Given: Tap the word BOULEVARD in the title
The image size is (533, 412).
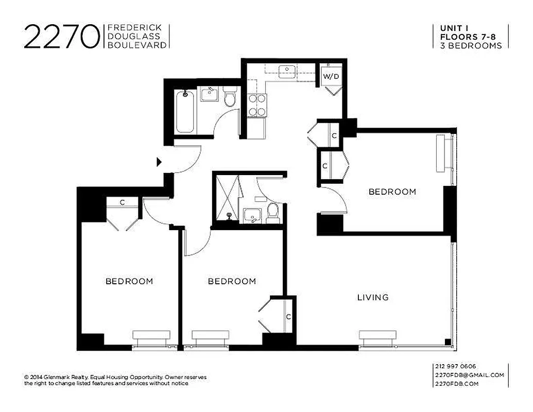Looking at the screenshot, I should point(136,45).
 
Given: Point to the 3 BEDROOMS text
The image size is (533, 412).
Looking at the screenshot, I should point(471,45).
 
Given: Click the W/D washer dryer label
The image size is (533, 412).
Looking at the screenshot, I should point(331,77).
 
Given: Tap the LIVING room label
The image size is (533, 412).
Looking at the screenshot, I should point(373,297).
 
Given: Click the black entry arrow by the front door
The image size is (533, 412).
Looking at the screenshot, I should point(159,162).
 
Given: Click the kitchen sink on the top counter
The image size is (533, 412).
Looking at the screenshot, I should point(286,72).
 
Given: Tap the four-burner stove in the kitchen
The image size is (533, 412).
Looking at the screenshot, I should point(257,105).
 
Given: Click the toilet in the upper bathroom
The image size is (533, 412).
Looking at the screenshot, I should point(230,97).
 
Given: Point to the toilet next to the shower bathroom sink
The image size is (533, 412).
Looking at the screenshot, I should point(273,213).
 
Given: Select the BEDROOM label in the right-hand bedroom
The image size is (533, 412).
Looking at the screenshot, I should point(392,192).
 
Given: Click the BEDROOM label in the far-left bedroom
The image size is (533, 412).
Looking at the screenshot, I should point(129,281).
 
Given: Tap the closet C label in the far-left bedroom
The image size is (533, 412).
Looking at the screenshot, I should point(122,202).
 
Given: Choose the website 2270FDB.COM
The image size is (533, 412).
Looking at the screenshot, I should point(457,384).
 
